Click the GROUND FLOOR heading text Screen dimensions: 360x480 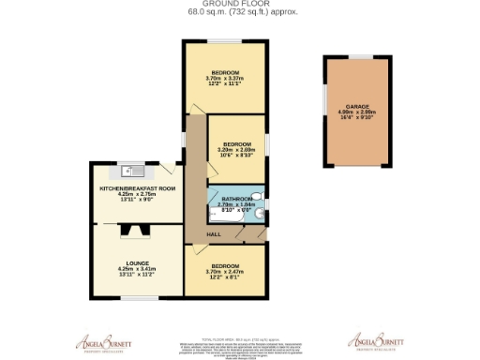tap(239, 5)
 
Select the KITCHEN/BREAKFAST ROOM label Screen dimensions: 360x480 tap(138, 188)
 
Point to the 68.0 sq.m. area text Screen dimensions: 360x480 tap(239, 13)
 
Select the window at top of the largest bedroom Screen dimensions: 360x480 tap(225, 42)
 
